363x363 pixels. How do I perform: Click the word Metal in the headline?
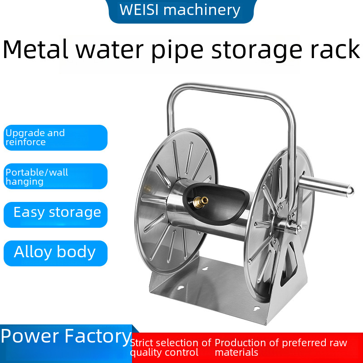(37, 50)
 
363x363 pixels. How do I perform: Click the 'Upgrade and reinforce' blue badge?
(55, 137)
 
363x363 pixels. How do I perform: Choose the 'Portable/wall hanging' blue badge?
(55, 177)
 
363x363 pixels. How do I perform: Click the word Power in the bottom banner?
(30, 337)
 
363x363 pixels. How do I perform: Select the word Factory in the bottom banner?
(98, 337)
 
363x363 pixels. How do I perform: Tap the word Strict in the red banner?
(144, 343)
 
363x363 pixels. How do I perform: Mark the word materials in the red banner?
(236, 353)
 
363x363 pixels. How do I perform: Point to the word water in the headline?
(108, 50)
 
